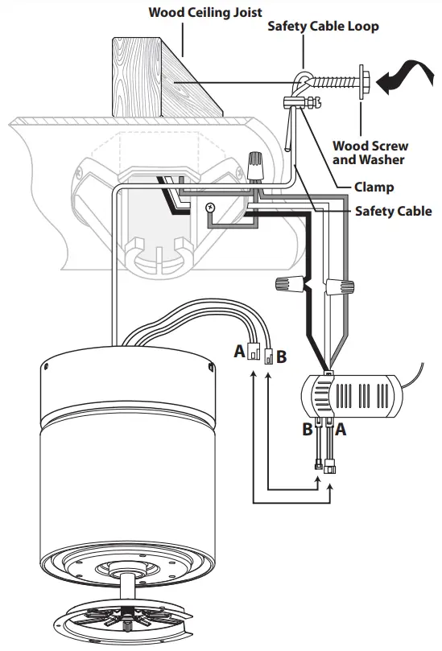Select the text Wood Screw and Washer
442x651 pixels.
point(370,153)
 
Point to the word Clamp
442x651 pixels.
point(374,187)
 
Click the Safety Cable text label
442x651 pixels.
point(393,212)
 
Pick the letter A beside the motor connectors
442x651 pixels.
point(238,352)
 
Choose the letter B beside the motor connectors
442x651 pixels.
point(281,356)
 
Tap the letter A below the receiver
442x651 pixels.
point(340,430)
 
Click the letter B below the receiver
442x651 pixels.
point(307,430)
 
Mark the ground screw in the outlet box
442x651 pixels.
point(211,208)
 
